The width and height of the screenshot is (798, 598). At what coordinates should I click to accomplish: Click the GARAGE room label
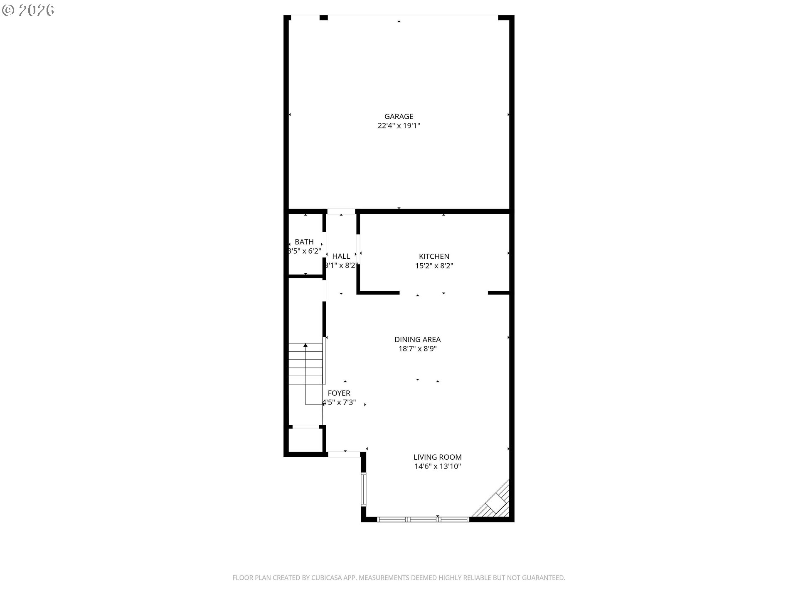coord(399,117)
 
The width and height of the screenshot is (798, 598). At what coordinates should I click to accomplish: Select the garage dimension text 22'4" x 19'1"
coord(399,126)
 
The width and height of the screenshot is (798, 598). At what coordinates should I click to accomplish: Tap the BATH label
coord(304,242)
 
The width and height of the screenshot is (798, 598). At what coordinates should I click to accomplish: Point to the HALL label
coord(341,257)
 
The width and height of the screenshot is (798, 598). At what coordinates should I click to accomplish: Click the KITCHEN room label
coord(434,257)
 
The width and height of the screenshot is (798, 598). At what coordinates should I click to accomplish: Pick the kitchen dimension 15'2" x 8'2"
coord(434,266)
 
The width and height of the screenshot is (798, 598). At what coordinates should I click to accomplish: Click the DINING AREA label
coord(417,340)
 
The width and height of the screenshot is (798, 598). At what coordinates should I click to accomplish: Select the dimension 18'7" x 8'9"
coord(417,349)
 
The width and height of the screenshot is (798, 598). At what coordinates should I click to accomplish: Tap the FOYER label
coord(339,393)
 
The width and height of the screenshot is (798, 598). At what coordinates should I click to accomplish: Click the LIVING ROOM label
coord(438,457)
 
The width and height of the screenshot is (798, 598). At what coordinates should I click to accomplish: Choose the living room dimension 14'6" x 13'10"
coord(438,466)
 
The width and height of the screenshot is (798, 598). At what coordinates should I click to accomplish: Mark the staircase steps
coord(305,363)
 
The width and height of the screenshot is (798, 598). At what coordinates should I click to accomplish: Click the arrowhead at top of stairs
coord(305,345)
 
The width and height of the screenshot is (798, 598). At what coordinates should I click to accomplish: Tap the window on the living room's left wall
coord(363,489)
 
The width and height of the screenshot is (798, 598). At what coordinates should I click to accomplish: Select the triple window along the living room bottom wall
coord(423,519)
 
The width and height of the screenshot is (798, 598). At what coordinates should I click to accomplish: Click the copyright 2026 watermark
coord(28,10)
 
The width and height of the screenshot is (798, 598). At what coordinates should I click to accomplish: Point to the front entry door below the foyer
coord(344,454)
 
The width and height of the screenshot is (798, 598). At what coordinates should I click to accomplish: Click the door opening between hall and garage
coord(341,211)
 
